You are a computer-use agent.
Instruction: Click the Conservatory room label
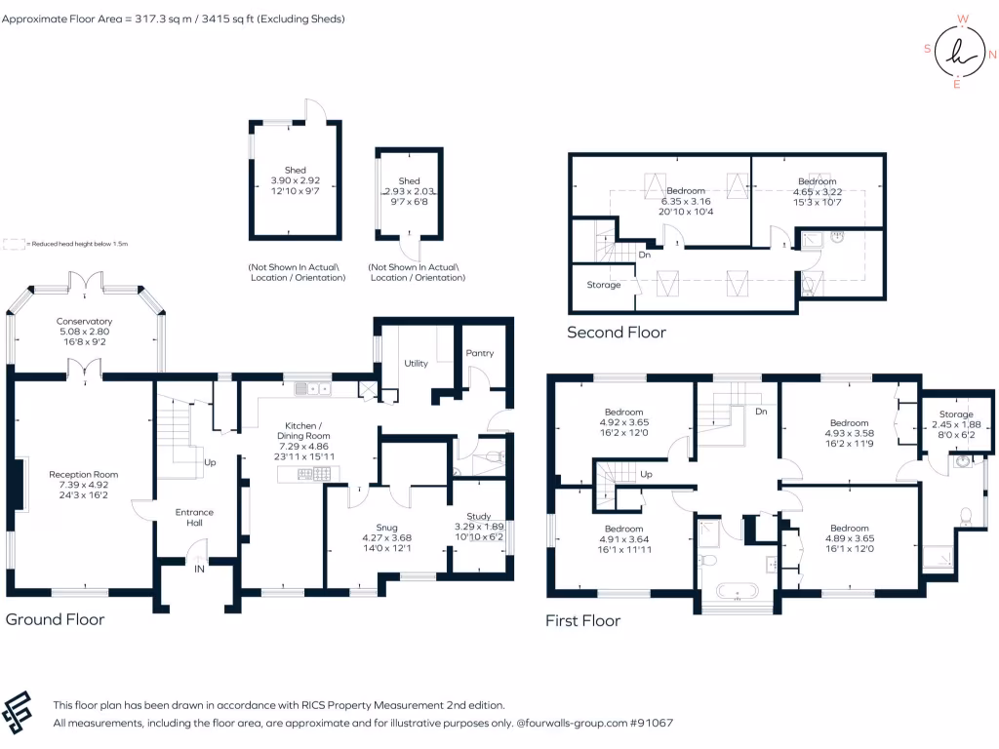point(84,321)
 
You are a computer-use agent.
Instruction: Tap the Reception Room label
point(84,475)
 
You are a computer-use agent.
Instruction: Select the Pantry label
point(480,353)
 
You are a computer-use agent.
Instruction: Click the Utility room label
point(417,363)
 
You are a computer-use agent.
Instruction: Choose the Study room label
point(478,516)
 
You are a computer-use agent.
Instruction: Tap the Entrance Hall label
point(194,517)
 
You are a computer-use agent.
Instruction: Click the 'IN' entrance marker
point(199,569)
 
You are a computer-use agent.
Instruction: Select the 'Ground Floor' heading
point(56,619)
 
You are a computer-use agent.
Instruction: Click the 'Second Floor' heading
point(617,333)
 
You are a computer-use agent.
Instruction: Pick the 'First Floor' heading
point(582,620)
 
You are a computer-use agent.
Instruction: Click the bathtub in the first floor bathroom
point(737,590)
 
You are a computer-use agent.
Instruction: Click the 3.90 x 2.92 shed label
point(295,180)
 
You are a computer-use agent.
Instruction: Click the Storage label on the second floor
point(604,285)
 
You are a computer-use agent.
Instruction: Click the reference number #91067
point(651,724)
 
